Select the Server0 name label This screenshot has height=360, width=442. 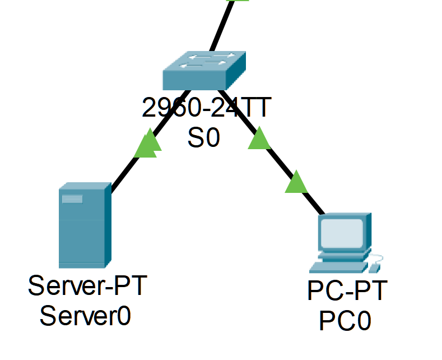86,316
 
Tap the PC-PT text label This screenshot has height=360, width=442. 347,291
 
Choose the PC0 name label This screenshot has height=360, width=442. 345,321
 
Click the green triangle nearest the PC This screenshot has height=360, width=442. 296,183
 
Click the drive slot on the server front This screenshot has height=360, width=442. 72,199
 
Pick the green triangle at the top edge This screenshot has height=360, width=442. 238,1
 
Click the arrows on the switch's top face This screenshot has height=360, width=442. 204,60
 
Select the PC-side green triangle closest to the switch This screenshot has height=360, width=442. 259,139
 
